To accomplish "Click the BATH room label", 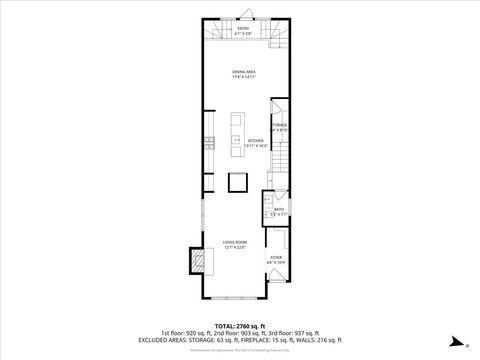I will (x=279, y=211).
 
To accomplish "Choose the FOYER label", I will (x=277, y=261).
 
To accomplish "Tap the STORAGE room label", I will (x=280, y=127).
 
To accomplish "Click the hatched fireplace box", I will (x=200, y=262).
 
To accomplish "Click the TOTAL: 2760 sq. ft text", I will (x=239, y=326).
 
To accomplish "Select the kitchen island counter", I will (x=236, y=130).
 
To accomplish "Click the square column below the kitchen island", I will (x=237, y=182).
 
